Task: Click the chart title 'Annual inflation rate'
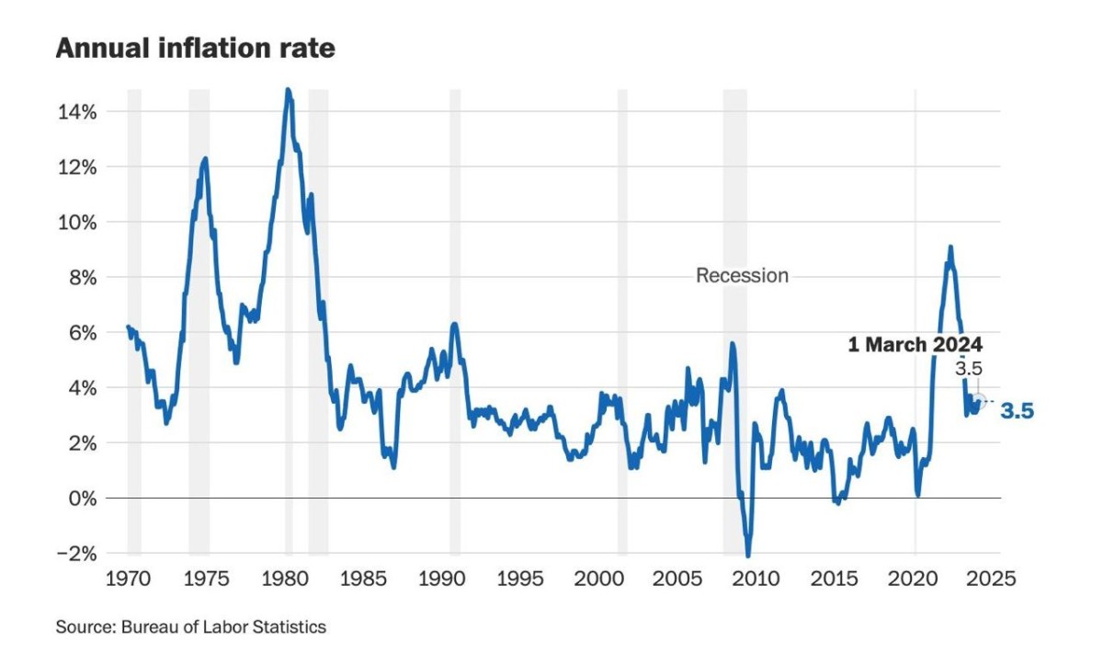196,48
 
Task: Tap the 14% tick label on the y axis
77,112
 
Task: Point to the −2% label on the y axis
77,554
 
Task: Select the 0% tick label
83,499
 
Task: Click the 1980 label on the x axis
285,579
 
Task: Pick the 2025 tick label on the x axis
991,579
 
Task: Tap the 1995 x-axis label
520,579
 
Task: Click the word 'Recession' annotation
742,275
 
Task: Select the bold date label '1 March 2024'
915,344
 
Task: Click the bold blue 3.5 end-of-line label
1018,411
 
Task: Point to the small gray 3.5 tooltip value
969,369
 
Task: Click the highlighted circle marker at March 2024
979,401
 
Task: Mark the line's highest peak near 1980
288,90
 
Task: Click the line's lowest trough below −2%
748,556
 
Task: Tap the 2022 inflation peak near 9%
950,247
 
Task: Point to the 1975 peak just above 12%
205,159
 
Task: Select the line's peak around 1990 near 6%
454,325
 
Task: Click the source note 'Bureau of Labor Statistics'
223,627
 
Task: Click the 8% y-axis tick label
83,279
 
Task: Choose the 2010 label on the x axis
756,579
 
